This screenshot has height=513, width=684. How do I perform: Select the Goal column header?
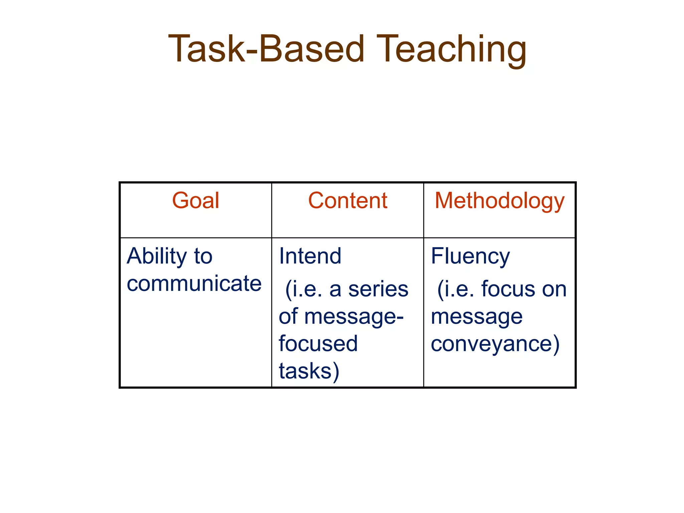pos(196,201)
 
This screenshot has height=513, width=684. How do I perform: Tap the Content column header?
pos(347,201)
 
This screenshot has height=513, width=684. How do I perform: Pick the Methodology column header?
pos(499,201)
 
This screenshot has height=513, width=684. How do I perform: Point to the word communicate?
pos(194,284)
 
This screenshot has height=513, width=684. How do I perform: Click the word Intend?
pos(310,256)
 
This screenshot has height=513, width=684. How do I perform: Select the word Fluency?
pos(470,256)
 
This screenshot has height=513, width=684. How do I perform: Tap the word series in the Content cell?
pos(378,289)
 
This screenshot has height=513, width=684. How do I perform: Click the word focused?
pos(318,344)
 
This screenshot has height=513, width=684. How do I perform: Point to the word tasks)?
pos(309,371)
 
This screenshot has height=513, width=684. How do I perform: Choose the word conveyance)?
pos(495,344)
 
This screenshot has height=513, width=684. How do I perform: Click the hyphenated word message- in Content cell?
pos(354,317)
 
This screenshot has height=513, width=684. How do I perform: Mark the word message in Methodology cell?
pos(477,317)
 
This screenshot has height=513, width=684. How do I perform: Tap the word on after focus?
pos(554,289)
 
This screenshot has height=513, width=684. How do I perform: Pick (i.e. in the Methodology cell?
pos(456,289)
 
